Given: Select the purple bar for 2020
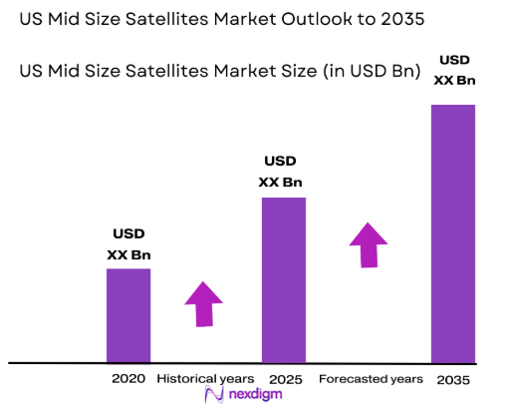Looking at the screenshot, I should pyautogui.click(x=128, y=315).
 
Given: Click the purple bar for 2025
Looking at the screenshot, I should pyautogui.click(x=283, y=279).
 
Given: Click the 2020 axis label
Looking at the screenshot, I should pyautogui.click(x=128, y=379).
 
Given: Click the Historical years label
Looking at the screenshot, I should pyautogui.click(x=204, y=379).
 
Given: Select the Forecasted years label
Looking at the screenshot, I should pyautogui.click(x=370, y=379).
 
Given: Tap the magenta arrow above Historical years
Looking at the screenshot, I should pyautogui.click(x=204, y=303).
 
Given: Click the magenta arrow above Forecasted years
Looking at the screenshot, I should pyautogui.click(x=370, y=244).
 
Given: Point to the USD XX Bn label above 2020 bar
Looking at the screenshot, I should pyautogui.click(x=128, y=244).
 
